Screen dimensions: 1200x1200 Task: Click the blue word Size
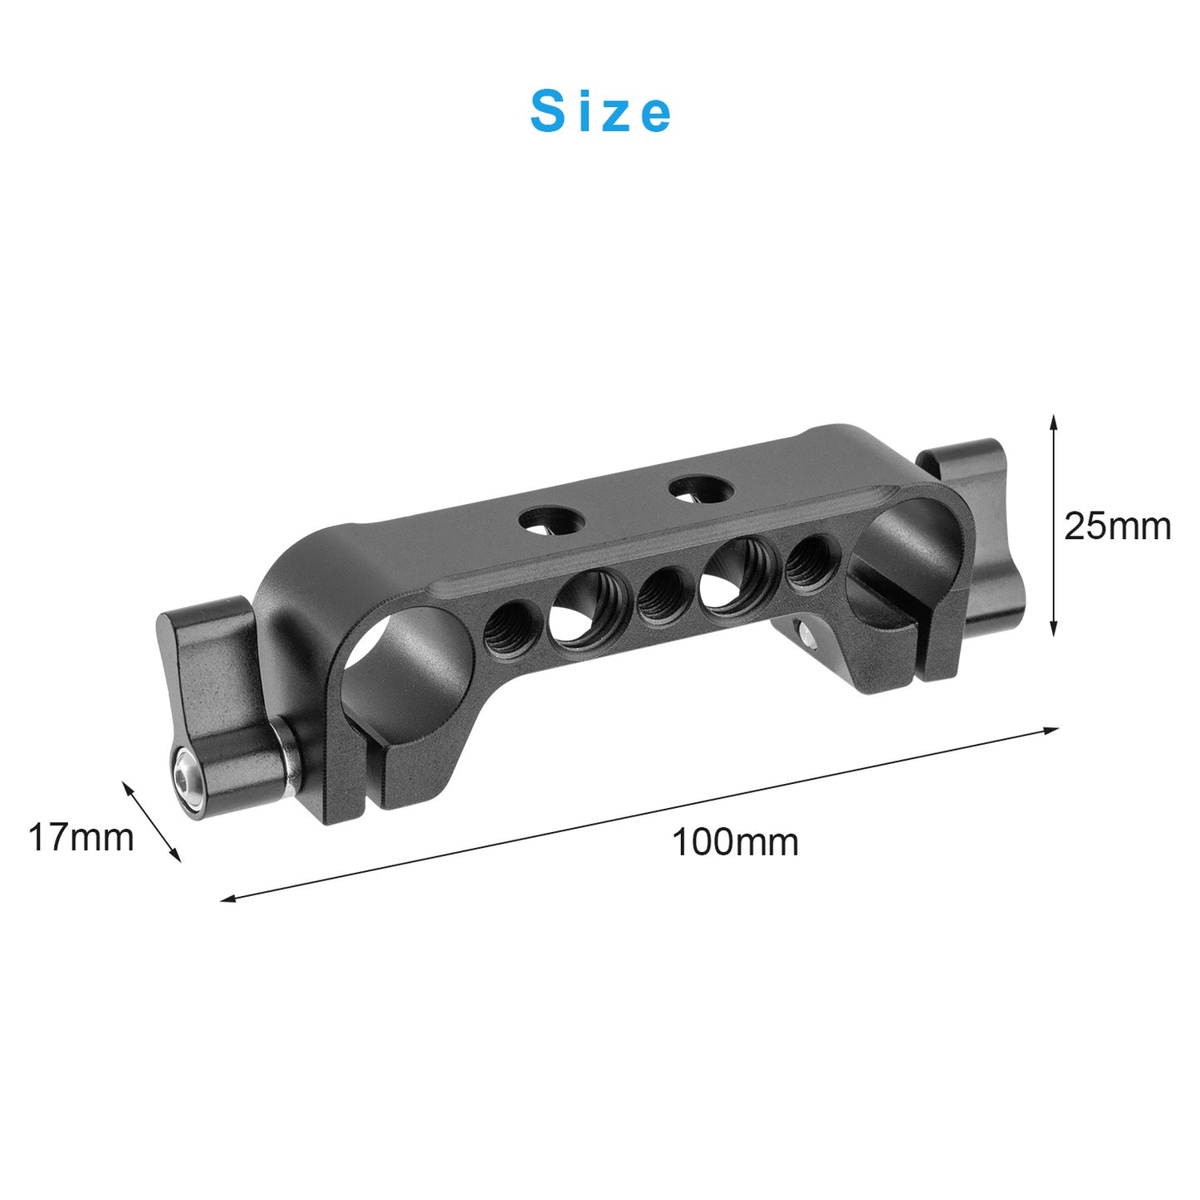[600, 112]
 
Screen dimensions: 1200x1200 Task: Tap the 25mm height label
[1117, 527]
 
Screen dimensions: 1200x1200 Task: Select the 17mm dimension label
[81, 838]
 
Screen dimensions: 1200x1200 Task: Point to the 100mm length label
[736, 843]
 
